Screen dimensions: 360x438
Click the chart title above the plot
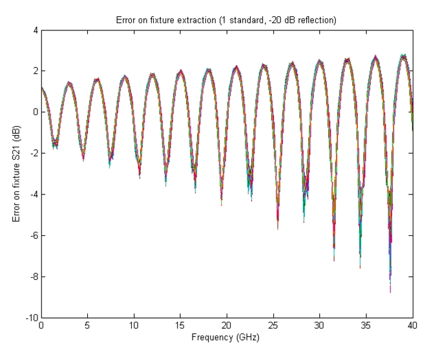[x=227, y=19]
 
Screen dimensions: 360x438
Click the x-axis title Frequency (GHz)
[x=227, y=337]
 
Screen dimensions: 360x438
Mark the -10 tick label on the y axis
[x=30, y=318]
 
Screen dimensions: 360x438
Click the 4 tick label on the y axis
[x=34, y=30]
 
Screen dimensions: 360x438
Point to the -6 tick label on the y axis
[x=32, y=235]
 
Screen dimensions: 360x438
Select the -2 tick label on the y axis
[x=32, y=153]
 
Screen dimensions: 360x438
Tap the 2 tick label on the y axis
[x=34, y=71]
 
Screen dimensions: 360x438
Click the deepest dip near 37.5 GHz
[x=390, y=291]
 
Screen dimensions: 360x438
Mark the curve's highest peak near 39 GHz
[x=404, y=56]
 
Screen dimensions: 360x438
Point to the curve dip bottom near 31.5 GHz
[x=334, y=259]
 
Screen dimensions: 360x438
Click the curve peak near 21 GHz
[x=236, y=67]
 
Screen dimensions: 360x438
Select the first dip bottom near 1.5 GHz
[x=55, y=147]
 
